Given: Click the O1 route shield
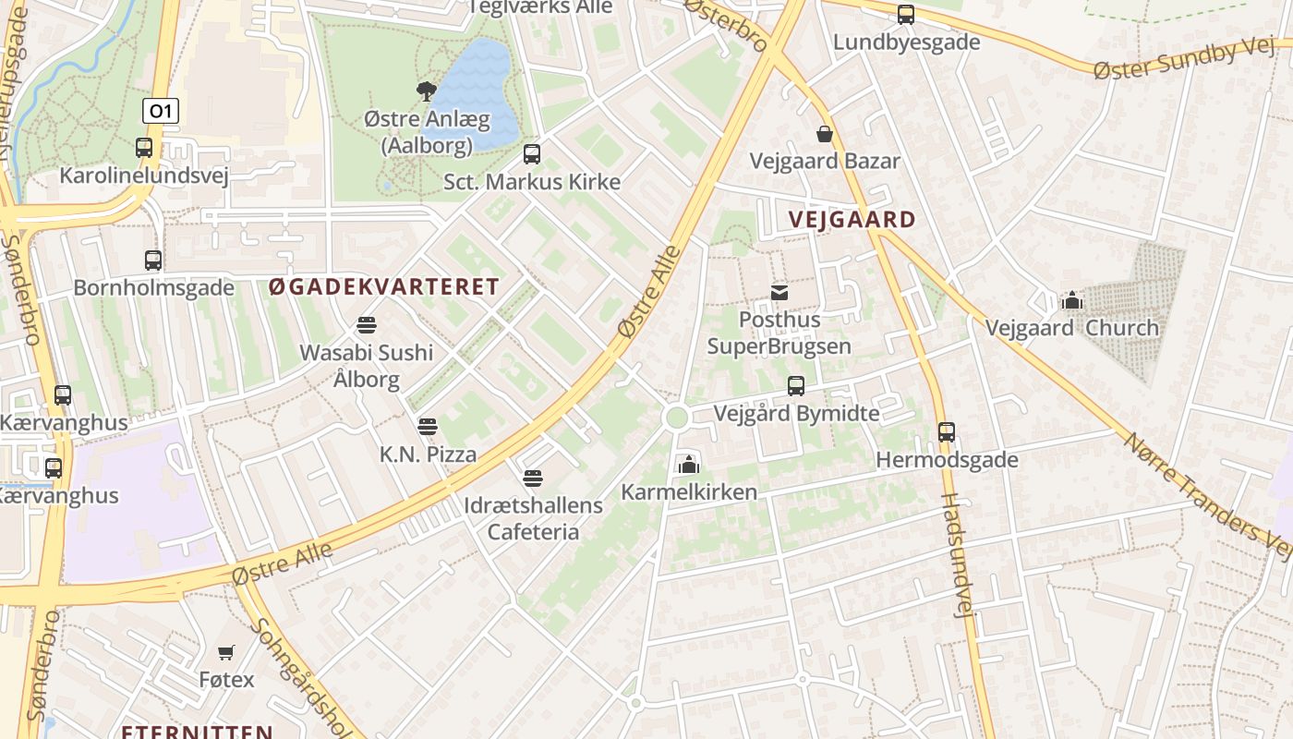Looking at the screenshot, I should point(160,112).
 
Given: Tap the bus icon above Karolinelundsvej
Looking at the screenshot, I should point(144,147).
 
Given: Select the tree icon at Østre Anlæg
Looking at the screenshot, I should point(426,91).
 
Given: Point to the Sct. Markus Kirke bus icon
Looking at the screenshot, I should point(531,153).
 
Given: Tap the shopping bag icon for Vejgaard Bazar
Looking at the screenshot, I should point(824,134).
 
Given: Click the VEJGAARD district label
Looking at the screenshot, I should point(852,220).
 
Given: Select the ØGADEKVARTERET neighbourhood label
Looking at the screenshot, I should point(384,286).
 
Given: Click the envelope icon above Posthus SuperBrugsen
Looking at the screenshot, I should point(779,293).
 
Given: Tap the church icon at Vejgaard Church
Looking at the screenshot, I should point(1071,300).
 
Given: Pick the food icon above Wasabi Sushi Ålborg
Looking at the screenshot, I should point(367,325).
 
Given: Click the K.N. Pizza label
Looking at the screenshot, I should point(428,454).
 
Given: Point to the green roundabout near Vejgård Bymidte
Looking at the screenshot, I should point(677,418).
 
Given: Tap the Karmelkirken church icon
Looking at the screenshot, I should point(688,465).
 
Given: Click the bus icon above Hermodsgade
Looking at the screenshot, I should point(947,431).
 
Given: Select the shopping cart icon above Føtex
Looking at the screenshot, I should point(226,652).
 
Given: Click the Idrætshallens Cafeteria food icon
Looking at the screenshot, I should point(532,479).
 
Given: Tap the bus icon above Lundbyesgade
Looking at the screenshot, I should point(906,14).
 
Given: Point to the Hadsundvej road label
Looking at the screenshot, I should point(958,554).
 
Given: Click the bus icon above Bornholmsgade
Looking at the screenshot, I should point(153,260).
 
